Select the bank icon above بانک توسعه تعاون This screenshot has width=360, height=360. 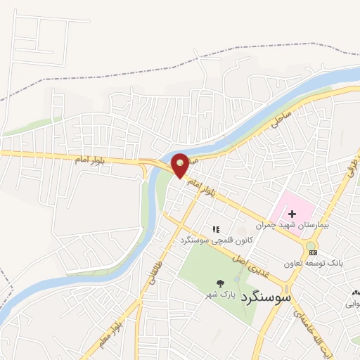312,252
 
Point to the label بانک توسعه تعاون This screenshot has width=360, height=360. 313,264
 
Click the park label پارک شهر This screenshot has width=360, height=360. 220,294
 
